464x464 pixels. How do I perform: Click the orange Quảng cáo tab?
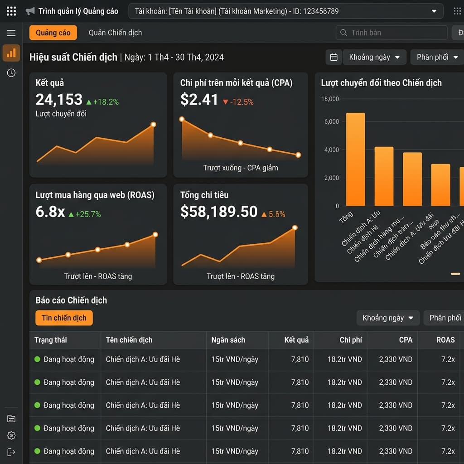point(53,33)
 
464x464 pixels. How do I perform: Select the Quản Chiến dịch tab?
point(115,33)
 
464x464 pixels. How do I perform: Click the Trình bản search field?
point(391,33)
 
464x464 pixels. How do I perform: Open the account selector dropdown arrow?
point(434,11)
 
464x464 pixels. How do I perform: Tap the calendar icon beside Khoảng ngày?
point(334,57)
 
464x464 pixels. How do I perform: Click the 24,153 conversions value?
point(59,99)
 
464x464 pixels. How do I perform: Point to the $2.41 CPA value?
point(199,99)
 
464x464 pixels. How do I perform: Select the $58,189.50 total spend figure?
point(218,212)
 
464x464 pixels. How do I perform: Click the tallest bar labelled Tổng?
point(355,159)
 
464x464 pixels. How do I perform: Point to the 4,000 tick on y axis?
point(331,150)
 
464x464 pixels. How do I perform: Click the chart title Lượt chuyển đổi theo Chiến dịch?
point(381,83)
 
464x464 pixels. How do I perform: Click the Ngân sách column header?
point(228,340)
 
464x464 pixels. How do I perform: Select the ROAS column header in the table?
point(445,340)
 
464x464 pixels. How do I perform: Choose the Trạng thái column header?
point(51,340)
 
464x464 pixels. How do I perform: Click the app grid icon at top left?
point(11,11)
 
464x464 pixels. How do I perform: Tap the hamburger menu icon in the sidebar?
point(11,33)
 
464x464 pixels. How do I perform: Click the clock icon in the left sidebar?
point(11,73)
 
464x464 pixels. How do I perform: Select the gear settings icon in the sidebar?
point(11,435)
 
